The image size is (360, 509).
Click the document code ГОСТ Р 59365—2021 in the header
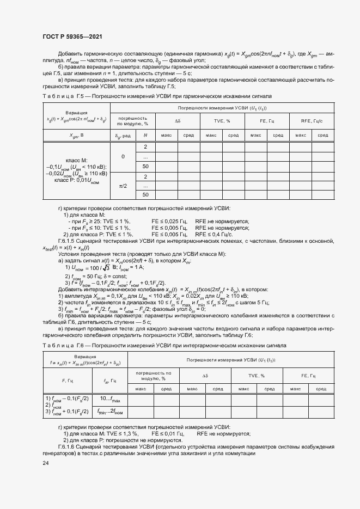(x=72, y=36)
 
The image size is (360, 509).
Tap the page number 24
(x=45, y=463)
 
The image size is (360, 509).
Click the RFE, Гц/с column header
(x=312, y=121)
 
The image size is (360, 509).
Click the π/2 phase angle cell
(x=123, y=186)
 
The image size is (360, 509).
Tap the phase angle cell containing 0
(x=123, y=157)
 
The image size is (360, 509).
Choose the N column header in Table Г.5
(x=145, y=134)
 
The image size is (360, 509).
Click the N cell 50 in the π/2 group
(x=145, y=194)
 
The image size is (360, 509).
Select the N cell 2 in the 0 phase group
(x=145, y=148)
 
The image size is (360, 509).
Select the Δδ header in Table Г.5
(x=178, y=121)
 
